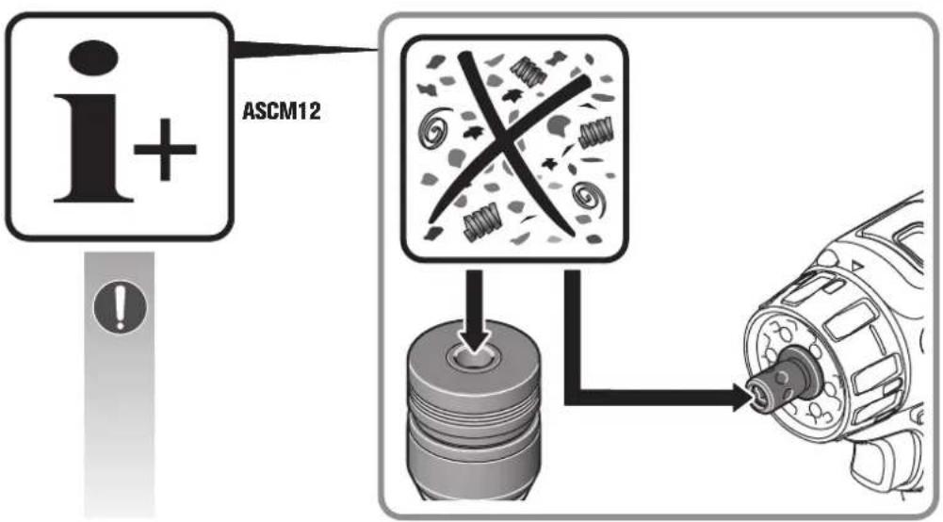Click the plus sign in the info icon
[166, 151]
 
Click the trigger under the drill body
[881, 462]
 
